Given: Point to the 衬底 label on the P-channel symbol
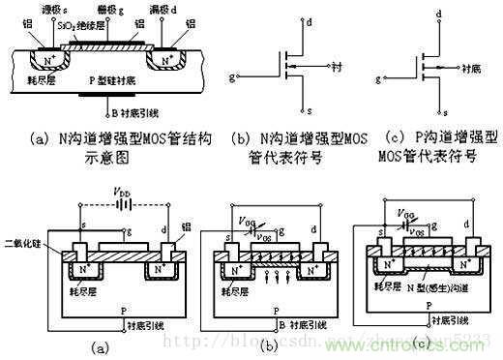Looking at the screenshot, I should [468, 70].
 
